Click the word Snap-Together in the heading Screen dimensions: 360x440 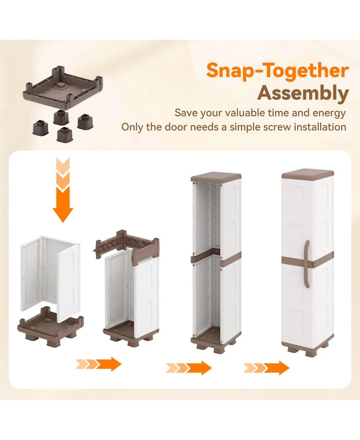pyautogui.click(x=278, y=70)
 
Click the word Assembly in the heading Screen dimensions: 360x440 pyautogui.click(x=303, y=94)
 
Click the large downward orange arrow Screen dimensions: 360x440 pyautogui.click(x=63, y=190)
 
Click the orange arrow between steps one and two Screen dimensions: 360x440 pyautogui.click(x=99, y=364)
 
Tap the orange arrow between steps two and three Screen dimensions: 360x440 pyautogui.click(x=189, y=368)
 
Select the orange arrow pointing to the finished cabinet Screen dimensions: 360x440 pyautogui.click(x=266, y=368)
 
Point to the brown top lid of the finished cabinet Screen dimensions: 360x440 pyautogui.click(x=307, y=174)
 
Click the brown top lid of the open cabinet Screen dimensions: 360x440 pyautogui.click(x=216, y=177)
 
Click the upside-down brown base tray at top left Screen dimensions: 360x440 pyautogui.click(x=63, y=87)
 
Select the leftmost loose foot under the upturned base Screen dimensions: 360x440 pyautogui.click(x=40, y=128)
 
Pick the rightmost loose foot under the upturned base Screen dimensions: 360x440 pyautogui.click(x=85, y=122)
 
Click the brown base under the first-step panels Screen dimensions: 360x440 pyautogui.click(x=50, y=327)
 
